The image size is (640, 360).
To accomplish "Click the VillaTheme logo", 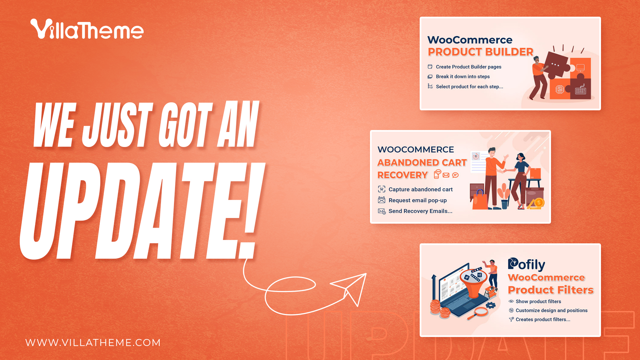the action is pos(87,29).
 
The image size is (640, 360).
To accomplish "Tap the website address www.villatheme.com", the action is pos(93,343).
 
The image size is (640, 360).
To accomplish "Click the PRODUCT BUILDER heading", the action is pos(481,52).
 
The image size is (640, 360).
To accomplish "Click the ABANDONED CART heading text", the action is pos(422,163).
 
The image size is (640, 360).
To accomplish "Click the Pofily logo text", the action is pos(527,264).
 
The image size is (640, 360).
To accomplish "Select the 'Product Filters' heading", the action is pos(551,290).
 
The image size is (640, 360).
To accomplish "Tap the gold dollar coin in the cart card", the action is pos(539,202).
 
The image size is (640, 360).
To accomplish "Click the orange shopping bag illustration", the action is pos(480,200).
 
